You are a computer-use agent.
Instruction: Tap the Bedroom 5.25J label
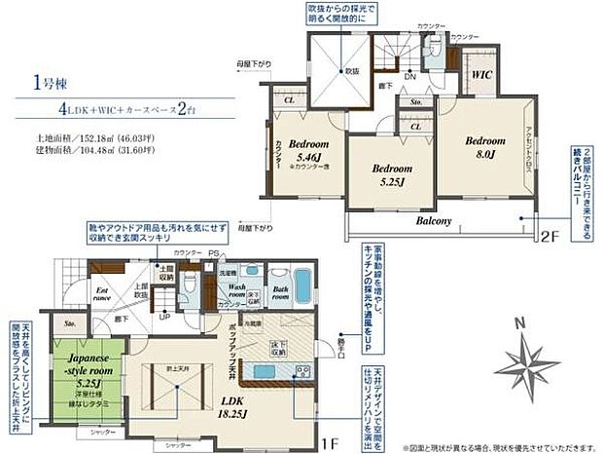(385, 172)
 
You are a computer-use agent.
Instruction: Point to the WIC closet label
(481, 73)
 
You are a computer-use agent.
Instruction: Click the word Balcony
(435, 221)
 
